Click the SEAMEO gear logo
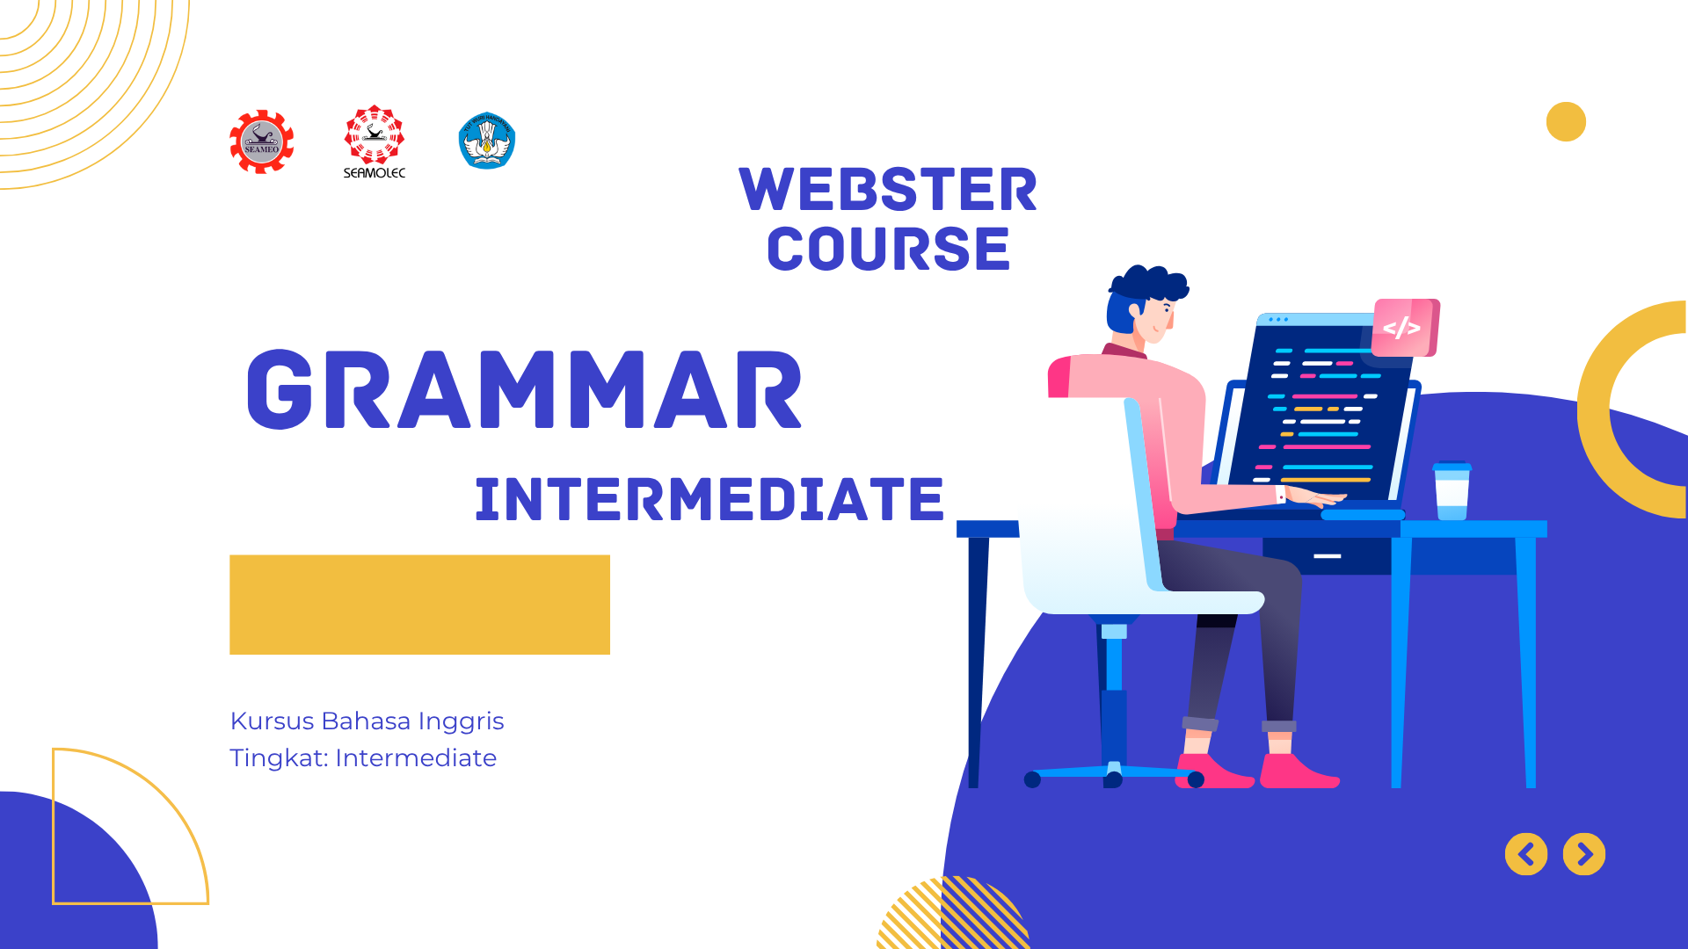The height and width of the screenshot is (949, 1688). tap(262, 141)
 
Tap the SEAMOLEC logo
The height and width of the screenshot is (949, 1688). tap(375, 141)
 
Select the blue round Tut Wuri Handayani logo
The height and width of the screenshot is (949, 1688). tap(486, 141)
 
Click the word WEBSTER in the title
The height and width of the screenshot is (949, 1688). tap(888, 190)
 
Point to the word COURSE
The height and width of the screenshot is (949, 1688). tap(888, 249)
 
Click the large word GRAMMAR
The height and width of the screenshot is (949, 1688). tap(524, 390)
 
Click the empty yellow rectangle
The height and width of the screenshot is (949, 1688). tap(419, 605)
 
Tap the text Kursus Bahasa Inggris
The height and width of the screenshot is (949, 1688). tap(367, 721)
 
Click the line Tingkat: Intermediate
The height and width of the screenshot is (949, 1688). tap(363, 757)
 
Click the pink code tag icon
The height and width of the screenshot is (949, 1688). tap(1404, 328)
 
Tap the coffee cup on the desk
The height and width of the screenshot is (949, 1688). tap(1452, 492)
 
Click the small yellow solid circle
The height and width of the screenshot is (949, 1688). tap(1566, 121)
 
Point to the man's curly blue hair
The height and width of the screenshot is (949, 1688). tap(1147, 286)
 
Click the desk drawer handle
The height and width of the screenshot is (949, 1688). tap(1327, 556)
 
